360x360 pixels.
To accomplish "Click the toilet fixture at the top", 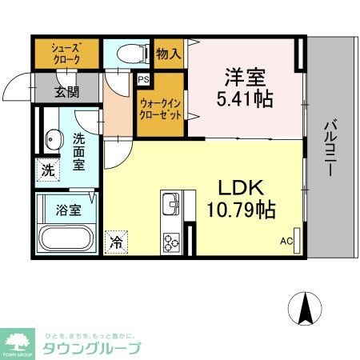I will point(127,53).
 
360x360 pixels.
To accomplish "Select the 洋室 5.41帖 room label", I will point(246,88).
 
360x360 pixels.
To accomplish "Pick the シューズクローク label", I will point(66,54).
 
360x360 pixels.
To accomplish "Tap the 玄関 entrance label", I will point(67,91).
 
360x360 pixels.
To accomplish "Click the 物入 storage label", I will point(169,54).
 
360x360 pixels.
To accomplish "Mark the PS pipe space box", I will point(143,80).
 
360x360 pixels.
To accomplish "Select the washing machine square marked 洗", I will point(47,170).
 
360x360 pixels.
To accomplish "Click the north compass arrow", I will point(305,309).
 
